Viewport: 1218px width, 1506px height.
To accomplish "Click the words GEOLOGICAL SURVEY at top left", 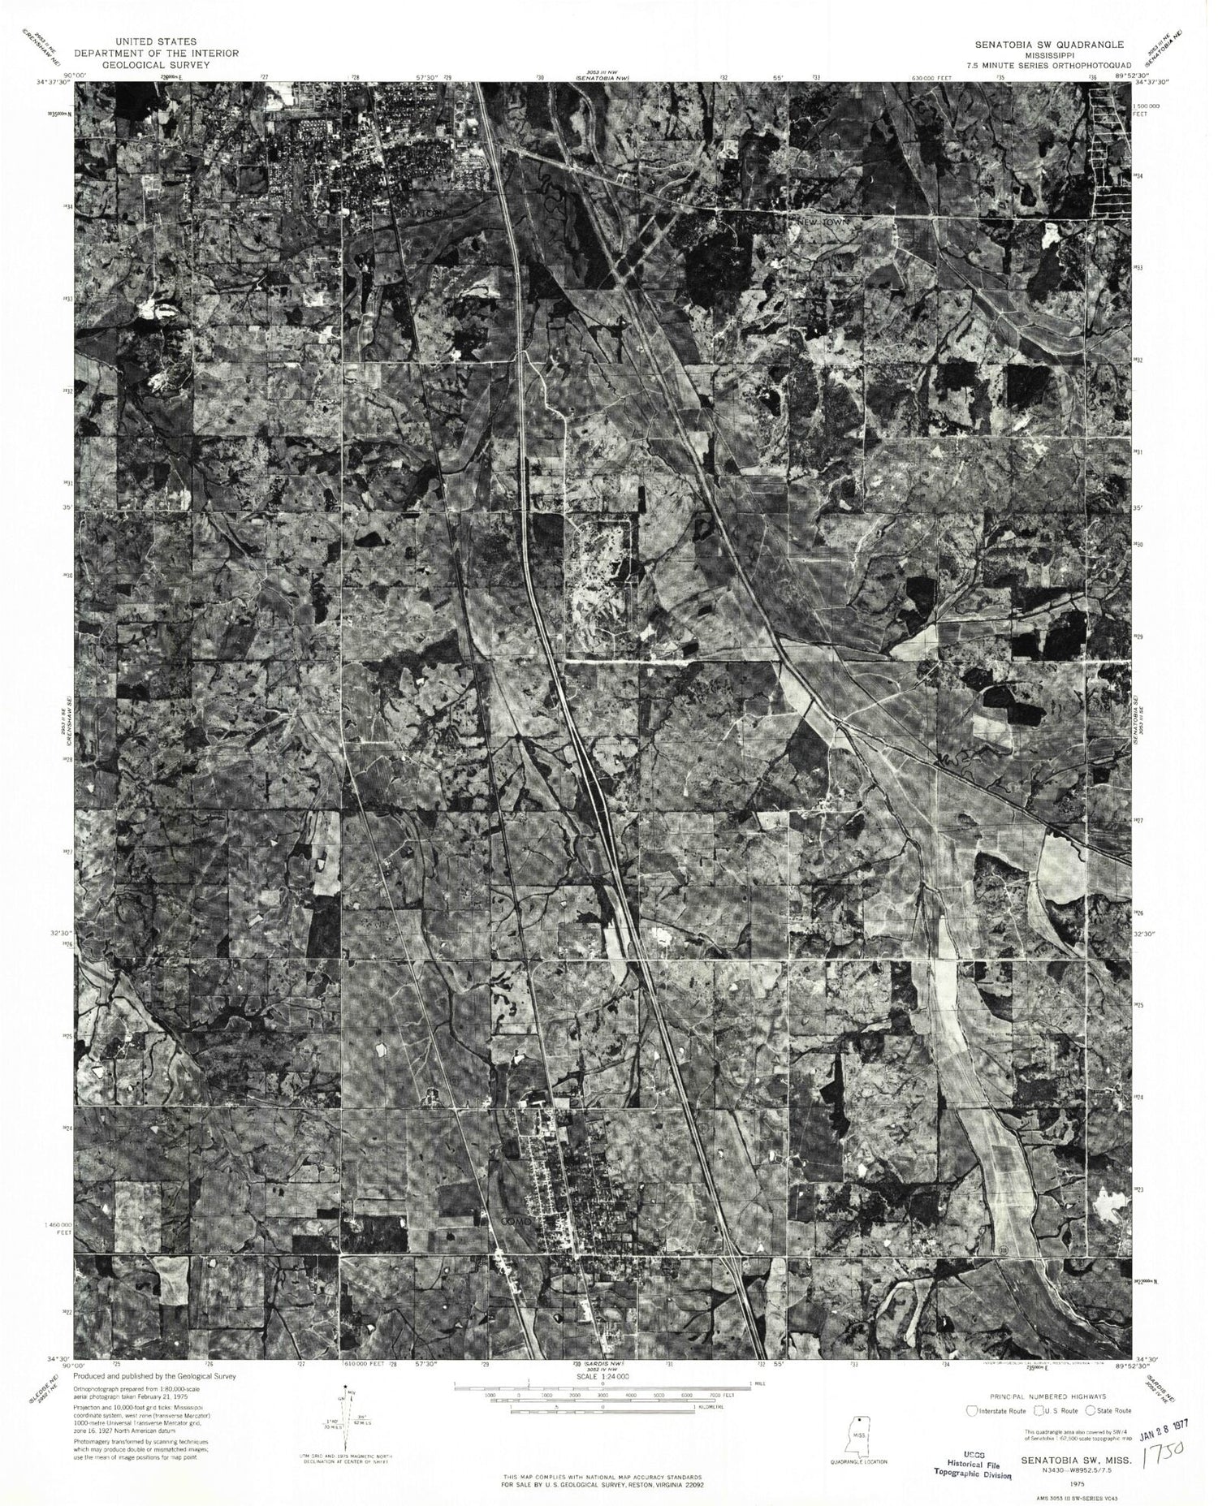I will coord(156,64).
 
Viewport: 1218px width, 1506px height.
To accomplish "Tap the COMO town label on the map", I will coord(516,1220).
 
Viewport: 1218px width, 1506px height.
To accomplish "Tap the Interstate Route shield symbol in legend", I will coord(971,1410).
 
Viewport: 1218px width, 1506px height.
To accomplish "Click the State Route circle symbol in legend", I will coord(1090,1410).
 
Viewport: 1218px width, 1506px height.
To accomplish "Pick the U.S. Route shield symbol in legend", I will coord(1036,1410).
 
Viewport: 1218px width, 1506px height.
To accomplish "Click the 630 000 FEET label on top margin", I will coord(931,78).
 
